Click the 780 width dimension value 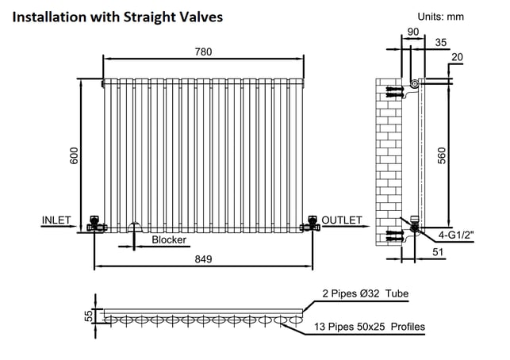(x=203, y=52)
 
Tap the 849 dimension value (x=203, y=259)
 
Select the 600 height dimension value (x=74, y=155)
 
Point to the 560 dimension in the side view (x=442, y=155)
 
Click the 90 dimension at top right (x=413, y=32)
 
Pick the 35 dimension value (x=441, y=42)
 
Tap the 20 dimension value (x=457, y=57)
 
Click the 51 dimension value (x=438, y=252)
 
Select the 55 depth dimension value (x=89, y=316)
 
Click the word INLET (x=56, y=220)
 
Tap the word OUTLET (x=342, y=220)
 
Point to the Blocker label (x=169, y=240)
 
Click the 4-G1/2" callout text (x=456, y=235)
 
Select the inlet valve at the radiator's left (x=95, y=224)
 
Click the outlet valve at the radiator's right (x=311, y=224)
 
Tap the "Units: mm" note (x=441, y=17)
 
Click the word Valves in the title (x=201, y=17)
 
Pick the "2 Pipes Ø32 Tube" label (x=366, y=293)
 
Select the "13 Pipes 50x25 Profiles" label (x=370, y=327)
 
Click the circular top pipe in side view (x=414, y=84)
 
